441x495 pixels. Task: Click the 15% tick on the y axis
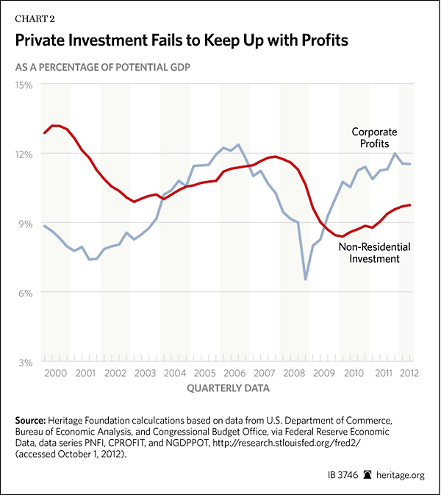click(24, 85)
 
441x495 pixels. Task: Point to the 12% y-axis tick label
click(24, 154)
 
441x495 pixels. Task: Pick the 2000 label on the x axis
click(56, 374)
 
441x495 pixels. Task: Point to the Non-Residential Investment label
click(374, 253)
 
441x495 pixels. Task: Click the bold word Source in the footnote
click(33, 419)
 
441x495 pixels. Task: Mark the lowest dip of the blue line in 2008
click(305, 279)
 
